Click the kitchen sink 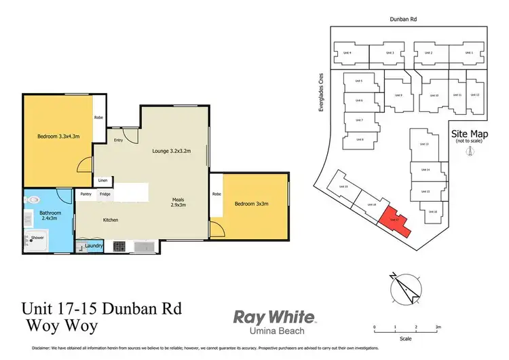[x=145, y=245]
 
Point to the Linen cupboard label [x=102, y=181]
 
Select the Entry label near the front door [x=118, y=141]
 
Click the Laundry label [x=94, y=245]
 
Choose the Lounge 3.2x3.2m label [x=171, y=151]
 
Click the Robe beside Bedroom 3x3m [x=217, y=194]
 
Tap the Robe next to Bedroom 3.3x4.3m [x=98, y=117]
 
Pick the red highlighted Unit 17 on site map [x=394, y=221]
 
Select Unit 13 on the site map [x=426, y=144]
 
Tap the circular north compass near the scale [x=405, y=287]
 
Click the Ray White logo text [x=274, y=317]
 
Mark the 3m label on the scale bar [x=438, y=327]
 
